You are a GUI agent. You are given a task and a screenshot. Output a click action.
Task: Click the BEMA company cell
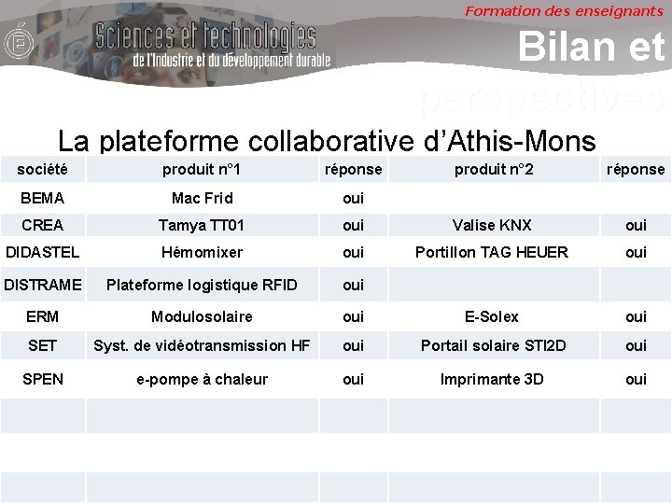click(42, 198)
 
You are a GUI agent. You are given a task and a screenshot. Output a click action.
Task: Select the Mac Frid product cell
click(202, 198)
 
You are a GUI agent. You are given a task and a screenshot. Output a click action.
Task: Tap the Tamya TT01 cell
click(202, 225)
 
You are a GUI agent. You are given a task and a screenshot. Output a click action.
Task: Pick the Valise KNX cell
click(492, 225)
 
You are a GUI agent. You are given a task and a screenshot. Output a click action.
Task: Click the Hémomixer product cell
click(202, 252)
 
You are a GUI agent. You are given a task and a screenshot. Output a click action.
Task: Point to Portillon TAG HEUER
click(492, 252)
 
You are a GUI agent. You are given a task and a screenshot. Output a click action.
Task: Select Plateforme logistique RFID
click(202, 285)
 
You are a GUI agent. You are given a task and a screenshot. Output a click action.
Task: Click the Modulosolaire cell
click(202, 316)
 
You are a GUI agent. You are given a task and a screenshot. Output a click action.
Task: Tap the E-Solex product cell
click(492, 316)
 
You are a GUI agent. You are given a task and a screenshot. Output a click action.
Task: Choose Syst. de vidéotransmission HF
click(202, 345)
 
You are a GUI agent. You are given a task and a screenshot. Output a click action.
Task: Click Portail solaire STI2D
click(492, 345)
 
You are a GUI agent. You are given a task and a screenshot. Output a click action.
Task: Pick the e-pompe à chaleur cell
click(202, 379)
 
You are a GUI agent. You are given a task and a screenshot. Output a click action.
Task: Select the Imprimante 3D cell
click(492, 379)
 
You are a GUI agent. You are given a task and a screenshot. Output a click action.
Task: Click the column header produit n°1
click(202, 169)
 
